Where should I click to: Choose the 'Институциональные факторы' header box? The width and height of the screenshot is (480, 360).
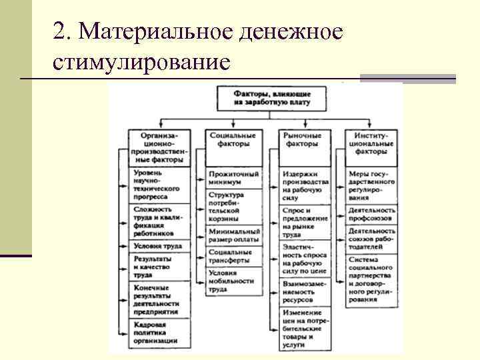coord(371,143)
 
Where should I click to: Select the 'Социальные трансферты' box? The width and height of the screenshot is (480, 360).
coord(230,257)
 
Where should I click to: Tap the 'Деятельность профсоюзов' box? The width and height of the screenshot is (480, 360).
coord(371,214)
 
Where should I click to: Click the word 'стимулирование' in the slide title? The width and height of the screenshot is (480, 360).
coord(141,61)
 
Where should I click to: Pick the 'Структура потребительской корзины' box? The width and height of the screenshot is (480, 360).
coord(230,207)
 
